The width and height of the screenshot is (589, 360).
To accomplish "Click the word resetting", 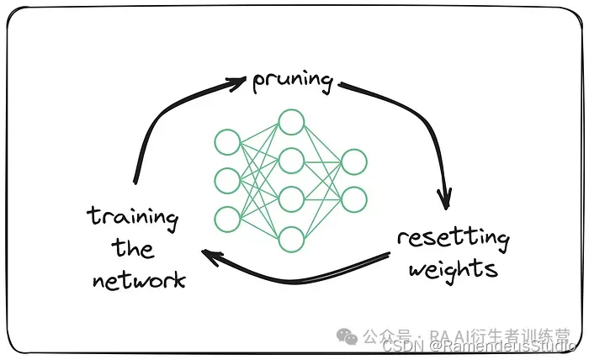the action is coord(453,239).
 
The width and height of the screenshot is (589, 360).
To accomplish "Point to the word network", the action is coord(139,280).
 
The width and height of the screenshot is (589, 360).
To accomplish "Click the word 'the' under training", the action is coord(134,250).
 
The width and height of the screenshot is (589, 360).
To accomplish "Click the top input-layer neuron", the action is coord(227,141).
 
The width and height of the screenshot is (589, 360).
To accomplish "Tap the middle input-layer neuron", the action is coord(227,180).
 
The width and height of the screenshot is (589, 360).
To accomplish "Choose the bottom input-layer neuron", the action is coord(227,219).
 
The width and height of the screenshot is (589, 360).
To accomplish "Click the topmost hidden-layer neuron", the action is coord(291,122).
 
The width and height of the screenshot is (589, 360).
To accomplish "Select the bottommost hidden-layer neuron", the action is coord(291,239).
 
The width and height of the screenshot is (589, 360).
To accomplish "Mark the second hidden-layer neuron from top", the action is coord(291,160).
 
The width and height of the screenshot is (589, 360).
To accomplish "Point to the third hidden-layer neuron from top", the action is coord(291,199).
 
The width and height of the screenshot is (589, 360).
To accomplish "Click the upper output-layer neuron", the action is coord(353,161).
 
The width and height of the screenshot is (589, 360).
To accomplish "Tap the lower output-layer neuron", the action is coord(353,199).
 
